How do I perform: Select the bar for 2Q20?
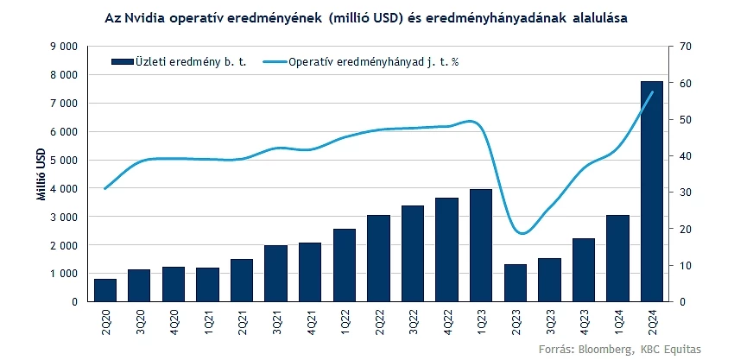pos(105,290)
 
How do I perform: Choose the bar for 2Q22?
pos(378,258)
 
